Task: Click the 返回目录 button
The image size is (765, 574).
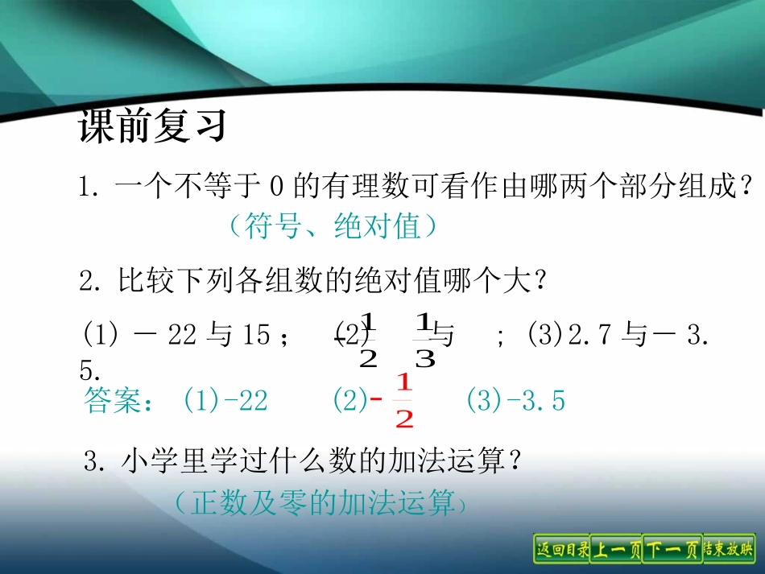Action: click(x=561, y=550)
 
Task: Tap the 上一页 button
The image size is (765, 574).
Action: click(x=617, y=550)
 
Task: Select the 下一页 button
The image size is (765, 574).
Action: click(x=672, y=550)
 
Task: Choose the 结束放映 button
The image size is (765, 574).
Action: click(x=728, y=550)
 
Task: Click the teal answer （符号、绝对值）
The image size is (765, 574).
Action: click(x=332, y=228)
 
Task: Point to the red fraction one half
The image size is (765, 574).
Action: click(x=404, y=401)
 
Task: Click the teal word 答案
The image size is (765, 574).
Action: click(x=112, y=402)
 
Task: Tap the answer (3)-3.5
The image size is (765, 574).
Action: click(x=515, y=401)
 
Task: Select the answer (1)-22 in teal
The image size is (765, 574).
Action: click(x=225, y=401)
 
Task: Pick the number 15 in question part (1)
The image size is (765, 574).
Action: click(x=256, y=336)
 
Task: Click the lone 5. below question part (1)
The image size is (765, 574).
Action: click(x=89, y=371)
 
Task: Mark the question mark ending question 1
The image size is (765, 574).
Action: click(x=749, y=188)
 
